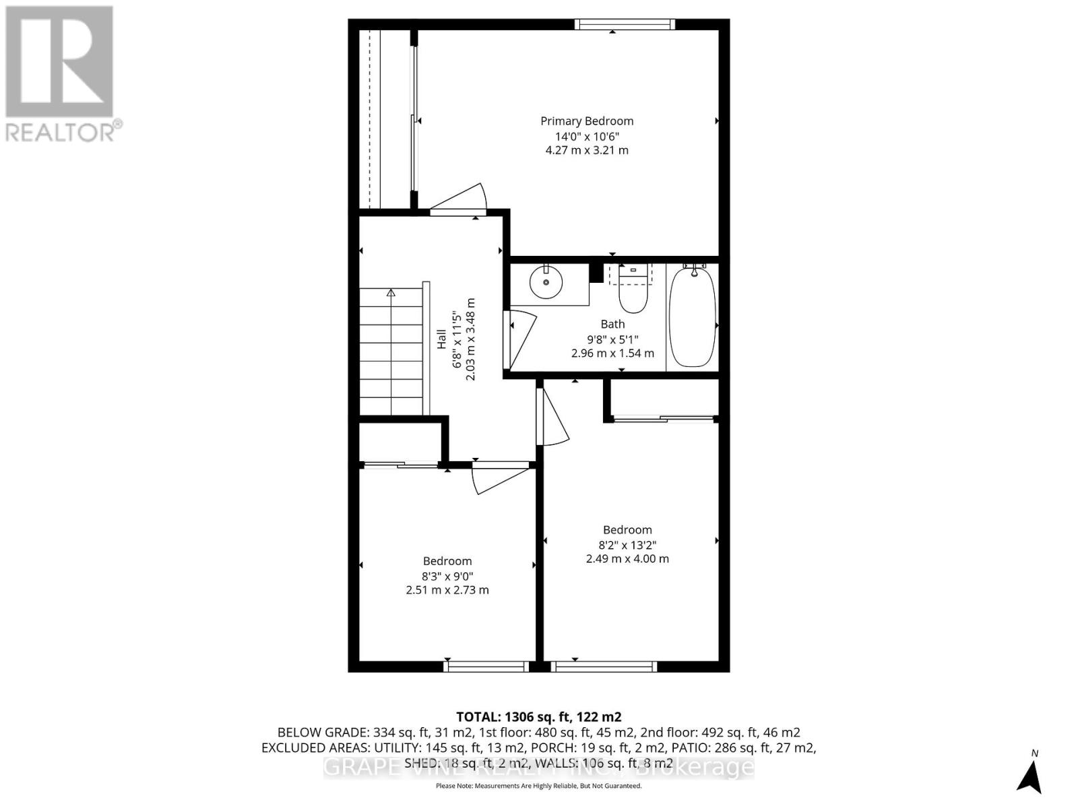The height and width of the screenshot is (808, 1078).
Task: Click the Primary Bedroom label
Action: [x=587, y=121]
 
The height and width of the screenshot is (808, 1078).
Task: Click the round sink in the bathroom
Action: [x=546, y=282]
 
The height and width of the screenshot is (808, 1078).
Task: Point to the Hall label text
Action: [x=442, y=339]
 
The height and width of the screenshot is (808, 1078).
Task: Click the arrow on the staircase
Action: [x=391, y=293]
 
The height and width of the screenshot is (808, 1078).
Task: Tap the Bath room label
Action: [x=612, y=325]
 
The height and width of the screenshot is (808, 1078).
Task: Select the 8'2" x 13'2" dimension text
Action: [x=627, y=545]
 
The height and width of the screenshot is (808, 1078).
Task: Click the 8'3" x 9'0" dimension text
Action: [x=447, y=576]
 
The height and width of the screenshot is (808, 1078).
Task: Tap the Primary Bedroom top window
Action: [x=625, y=24]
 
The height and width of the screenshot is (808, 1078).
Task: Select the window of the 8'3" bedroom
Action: [x=486, y=667]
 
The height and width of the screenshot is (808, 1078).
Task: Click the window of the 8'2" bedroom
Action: [x=603, y=667]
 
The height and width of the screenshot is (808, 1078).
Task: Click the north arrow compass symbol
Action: [x=1029, y=776]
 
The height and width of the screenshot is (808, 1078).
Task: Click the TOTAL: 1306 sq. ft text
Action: [x=538, y=717]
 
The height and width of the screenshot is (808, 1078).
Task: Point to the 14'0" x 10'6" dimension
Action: [x=587, y=136]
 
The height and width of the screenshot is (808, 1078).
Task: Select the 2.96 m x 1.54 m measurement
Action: [x=612, y=353]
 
